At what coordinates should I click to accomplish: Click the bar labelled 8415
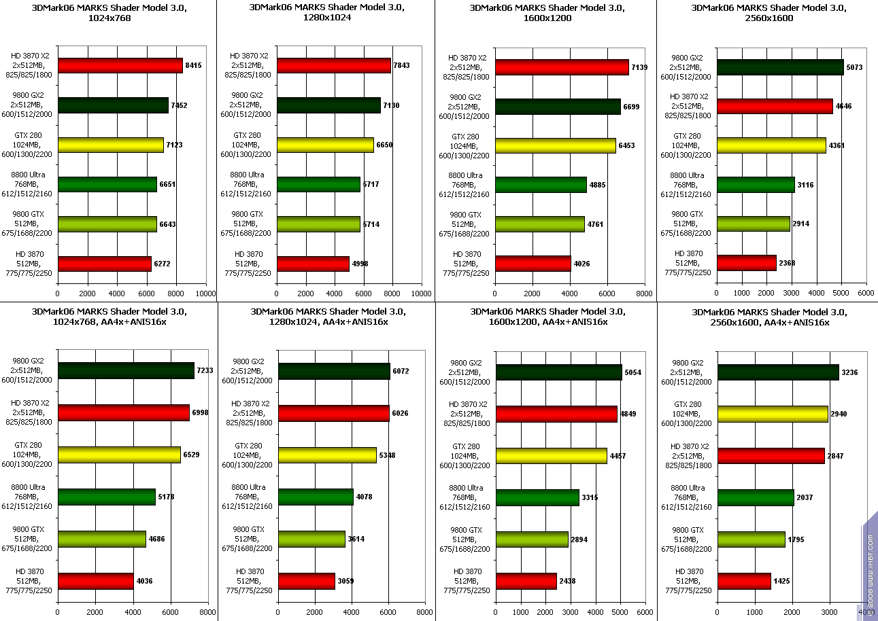click(x=120, y=65)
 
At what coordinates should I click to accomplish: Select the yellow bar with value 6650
click(x=325, y=145)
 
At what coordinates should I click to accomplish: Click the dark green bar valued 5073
click(x=780, y=67)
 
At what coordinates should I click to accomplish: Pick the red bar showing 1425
click(x=744, y=581)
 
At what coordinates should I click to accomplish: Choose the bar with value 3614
click(x=311, y=539)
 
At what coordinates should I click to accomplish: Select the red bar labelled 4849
click(x=556, y=414)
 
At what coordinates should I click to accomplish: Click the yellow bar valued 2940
click(x=773, y=414)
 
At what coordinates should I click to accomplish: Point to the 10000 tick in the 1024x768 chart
click(x=206, y=294)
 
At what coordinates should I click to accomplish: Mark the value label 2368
click(x=788, y=263)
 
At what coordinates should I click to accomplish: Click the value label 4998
click(x=360, y=264)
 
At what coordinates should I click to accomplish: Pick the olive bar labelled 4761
click(x=540, y=224)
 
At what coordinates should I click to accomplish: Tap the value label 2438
click(x=568, y=582)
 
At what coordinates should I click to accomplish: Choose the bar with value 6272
click(x=105, y=264)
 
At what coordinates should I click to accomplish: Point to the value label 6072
click(x=401, y=371)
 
